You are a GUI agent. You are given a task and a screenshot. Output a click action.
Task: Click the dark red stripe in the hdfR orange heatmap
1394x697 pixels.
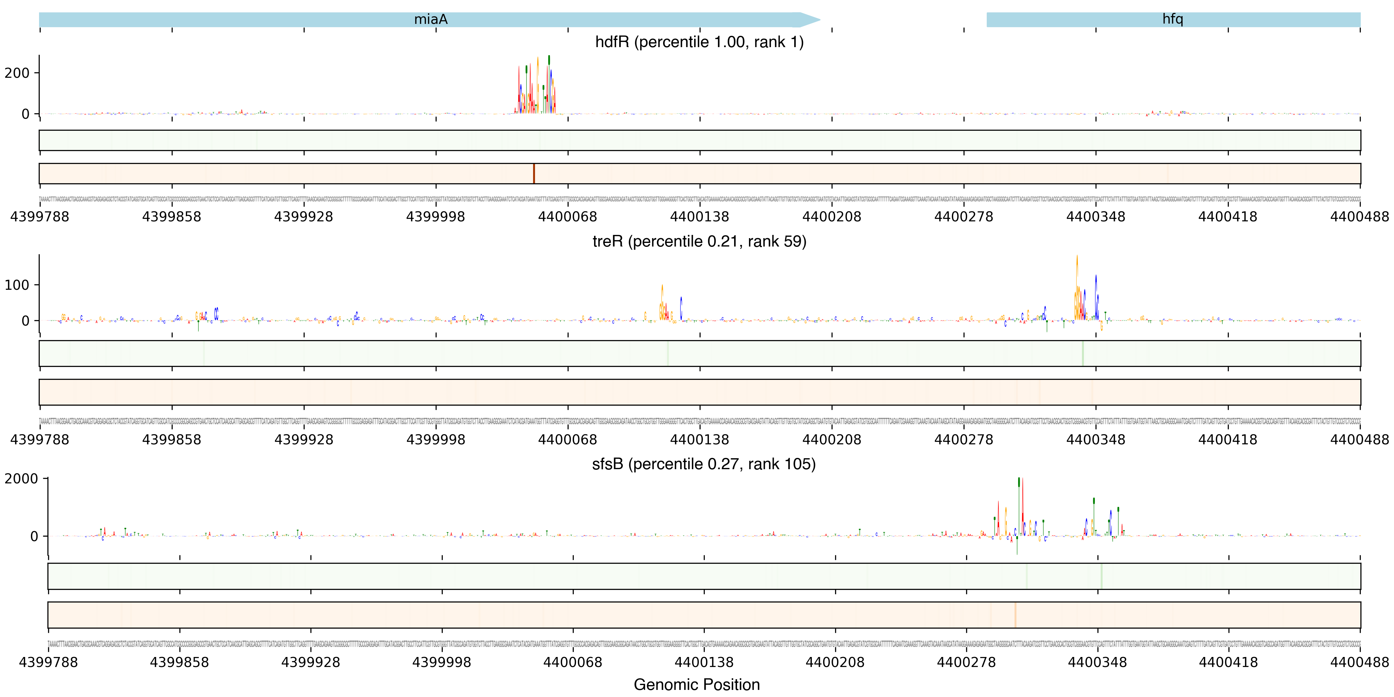pyautogui.click(x=534, y=174)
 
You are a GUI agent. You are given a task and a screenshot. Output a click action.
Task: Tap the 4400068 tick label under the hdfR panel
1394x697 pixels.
pyautogui.click(x=567, y=217)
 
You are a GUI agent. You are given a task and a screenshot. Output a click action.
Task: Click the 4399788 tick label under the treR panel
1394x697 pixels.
pyautogui.click(x=39, y=440)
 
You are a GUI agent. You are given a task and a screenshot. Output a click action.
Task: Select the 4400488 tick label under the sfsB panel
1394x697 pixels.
pyautogui.click(x=1359, y=662)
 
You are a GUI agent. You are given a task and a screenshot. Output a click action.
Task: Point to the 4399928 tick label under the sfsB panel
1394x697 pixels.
pyautogui.click(x=311, y=662)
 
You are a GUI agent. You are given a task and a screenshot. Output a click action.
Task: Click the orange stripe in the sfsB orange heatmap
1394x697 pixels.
pyautogui.click(x=1015, y=615)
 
